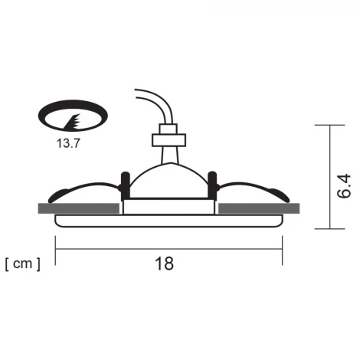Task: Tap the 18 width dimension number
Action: pos(164,263)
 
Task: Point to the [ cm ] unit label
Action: pos(23,263)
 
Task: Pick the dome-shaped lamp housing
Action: pos(169,180)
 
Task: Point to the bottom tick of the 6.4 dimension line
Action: pos(330,227)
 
